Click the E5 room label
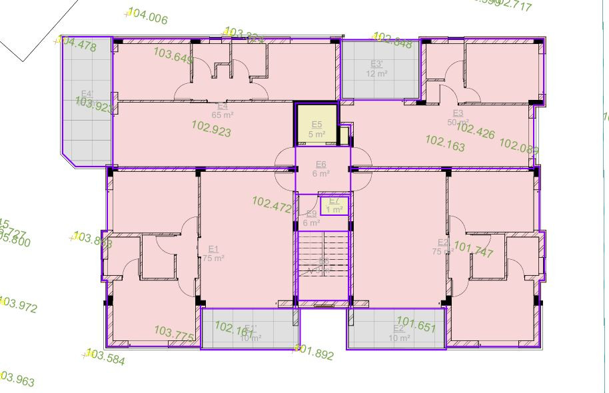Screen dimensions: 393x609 (316, 125)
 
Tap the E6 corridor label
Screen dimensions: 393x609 (320, 165)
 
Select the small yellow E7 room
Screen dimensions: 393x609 (334, 205)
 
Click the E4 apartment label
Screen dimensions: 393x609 (223, 106)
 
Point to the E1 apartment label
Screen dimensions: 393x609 (214, 249)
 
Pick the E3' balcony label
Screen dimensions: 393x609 (376, 65)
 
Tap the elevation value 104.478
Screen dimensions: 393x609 (77, 45)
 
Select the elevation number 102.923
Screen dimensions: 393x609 (211, 129)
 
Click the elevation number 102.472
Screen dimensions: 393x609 (272, 204)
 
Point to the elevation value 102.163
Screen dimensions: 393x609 (444, 143)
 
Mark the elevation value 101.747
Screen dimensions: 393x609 (473, 250)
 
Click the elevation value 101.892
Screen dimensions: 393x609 (313, 353)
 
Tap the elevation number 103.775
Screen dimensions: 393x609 (174, 334)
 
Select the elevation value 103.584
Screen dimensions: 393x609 (105, 357)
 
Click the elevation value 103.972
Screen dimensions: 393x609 (19, 306)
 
